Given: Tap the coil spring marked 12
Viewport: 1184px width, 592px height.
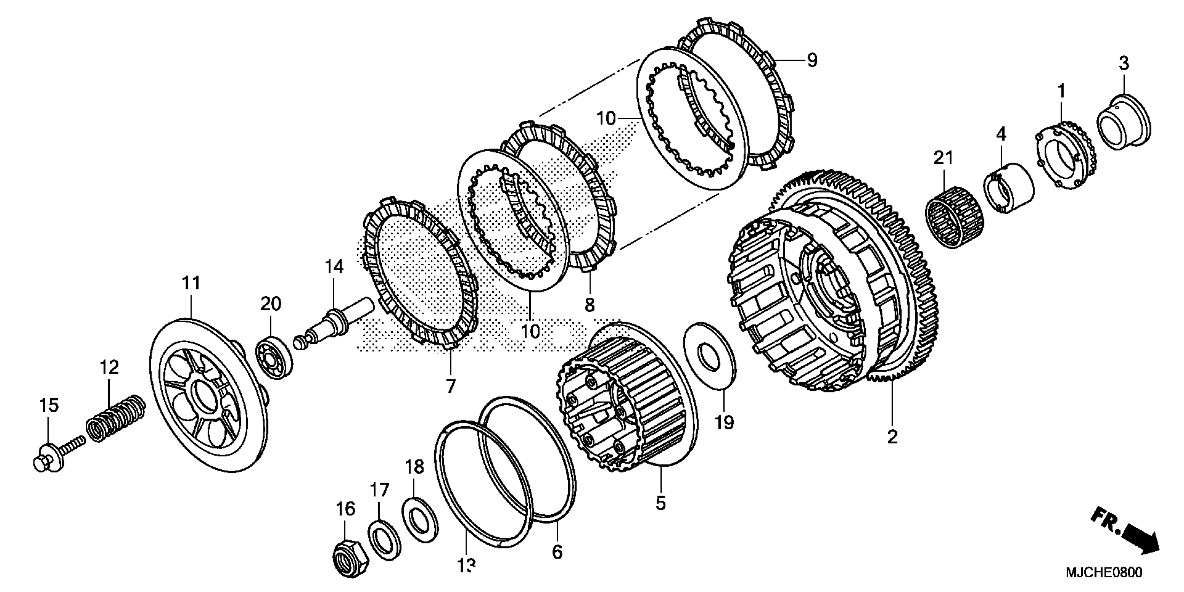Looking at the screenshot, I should [x=116, y=418].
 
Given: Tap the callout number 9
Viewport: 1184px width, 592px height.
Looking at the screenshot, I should [x=812, y=60].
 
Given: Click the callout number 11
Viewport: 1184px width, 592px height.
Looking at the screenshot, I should [x=191, y=283].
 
